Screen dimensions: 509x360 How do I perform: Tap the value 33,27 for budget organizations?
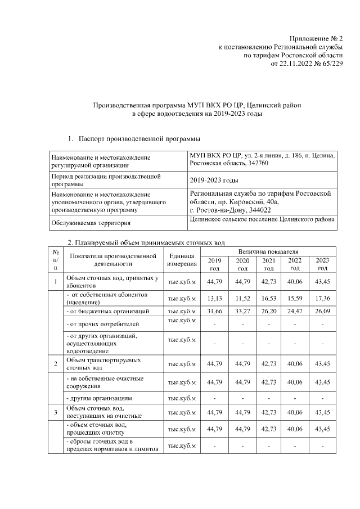pyautogui.click(x=242, y=310)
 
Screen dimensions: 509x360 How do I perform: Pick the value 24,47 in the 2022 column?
pyautogui.click(x=295, y=310)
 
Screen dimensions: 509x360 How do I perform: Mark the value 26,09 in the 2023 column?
pyautogui.click(x=322, y=310)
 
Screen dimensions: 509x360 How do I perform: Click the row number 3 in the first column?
pyautogui.click(x=56, y=412)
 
